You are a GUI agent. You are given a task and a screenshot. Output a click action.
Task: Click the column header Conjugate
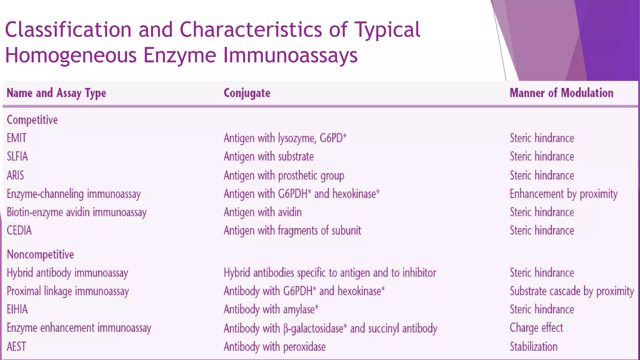coord(247,93)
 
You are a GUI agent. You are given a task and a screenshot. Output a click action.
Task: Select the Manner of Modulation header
coord(561,93)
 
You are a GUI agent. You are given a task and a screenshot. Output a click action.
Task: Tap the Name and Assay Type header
coord(56,93)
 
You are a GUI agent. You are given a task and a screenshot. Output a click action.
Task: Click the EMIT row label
coord(17,138)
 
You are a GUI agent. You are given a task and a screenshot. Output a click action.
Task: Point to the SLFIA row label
coord(17,156)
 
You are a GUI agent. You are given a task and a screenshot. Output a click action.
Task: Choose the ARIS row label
coord(15,175)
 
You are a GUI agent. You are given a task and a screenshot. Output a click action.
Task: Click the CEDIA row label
coord(19,230)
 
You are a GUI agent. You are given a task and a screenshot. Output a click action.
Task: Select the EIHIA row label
coord(17,309)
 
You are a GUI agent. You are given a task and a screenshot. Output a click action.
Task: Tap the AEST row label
coord(17,347)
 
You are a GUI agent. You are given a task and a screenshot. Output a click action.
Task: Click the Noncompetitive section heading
coord(40,254)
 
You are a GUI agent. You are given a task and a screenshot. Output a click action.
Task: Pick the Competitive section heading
coord(32,120)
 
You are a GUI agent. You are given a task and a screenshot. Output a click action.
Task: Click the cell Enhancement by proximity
coord(563,194)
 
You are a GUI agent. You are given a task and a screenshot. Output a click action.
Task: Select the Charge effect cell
coord(536,328)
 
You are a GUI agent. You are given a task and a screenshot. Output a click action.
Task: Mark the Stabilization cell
coord(533,347)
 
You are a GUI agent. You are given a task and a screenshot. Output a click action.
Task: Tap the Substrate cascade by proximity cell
coord(572,291)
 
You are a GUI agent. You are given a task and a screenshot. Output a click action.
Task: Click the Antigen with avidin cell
coord(262,212)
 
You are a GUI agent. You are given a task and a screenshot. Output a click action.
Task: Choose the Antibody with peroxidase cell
coord(274,347)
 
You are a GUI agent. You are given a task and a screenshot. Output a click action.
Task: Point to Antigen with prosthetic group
coord(284,175)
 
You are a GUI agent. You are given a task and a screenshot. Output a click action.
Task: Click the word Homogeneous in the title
coord(71,55)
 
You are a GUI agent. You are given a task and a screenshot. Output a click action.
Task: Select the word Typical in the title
coord(387,30)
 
